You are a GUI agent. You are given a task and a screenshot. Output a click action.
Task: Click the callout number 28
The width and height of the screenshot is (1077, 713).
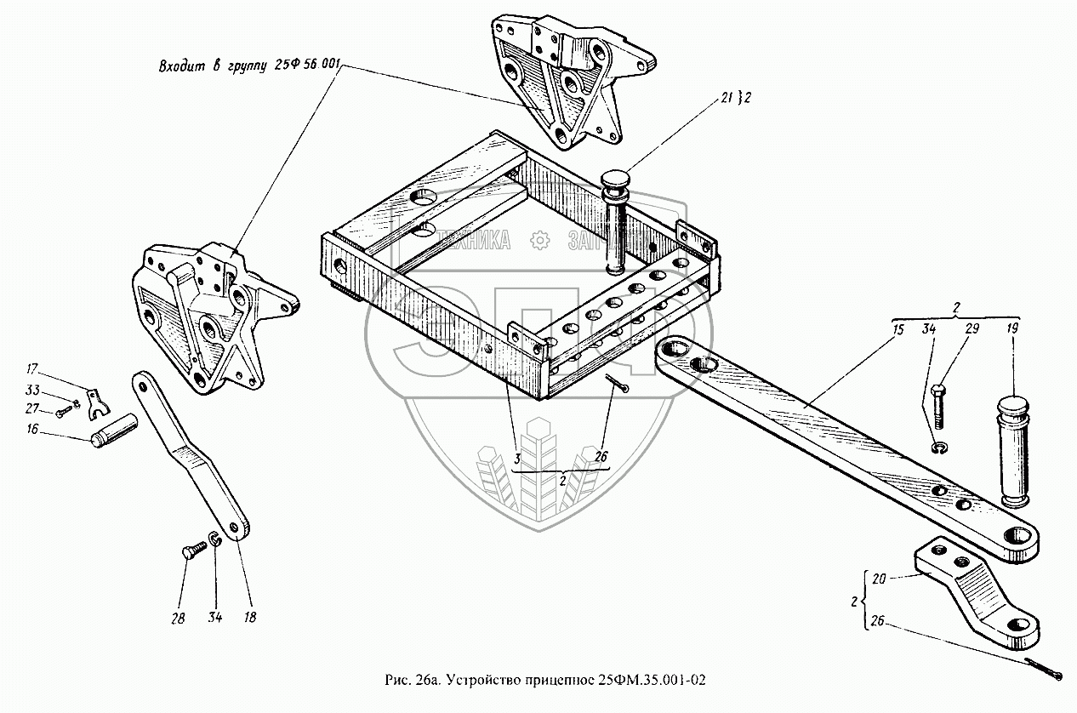click(x=178, y=619)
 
